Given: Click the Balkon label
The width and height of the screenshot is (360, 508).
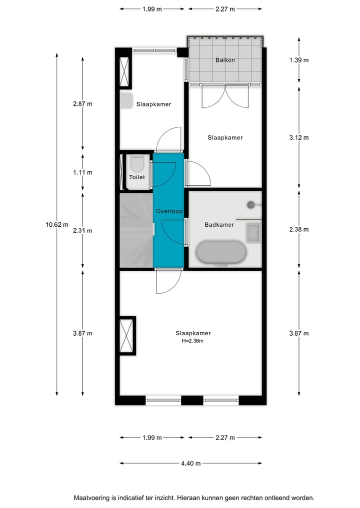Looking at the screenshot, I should coord(225,60).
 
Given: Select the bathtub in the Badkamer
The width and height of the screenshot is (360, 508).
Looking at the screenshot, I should coord(220,254).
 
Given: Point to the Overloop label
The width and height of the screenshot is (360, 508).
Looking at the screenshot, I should coord(169,211).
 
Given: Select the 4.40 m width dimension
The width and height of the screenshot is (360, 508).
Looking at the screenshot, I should coord(190,464).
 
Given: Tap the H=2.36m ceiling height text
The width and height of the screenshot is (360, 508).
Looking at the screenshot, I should coord(192,341).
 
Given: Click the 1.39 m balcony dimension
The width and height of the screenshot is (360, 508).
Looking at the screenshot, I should coord(299,60).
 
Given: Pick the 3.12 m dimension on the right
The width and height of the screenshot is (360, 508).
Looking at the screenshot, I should coord(299,138).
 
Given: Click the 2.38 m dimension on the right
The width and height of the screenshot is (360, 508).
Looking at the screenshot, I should coord(299,230).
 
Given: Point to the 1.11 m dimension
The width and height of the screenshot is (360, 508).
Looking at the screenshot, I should coord(82,172).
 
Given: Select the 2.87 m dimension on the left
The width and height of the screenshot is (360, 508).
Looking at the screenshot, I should coord(82,104).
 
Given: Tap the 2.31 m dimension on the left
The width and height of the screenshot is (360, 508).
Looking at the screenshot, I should coord(82,231).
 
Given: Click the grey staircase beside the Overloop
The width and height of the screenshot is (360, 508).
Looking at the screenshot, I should coord(135,230).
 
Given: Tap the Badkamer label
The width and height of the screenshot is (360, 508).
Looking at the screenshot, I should coord(219,225).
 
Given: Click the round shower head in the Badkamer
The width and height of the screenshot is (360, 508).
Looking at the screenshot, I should coord(251,204).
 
